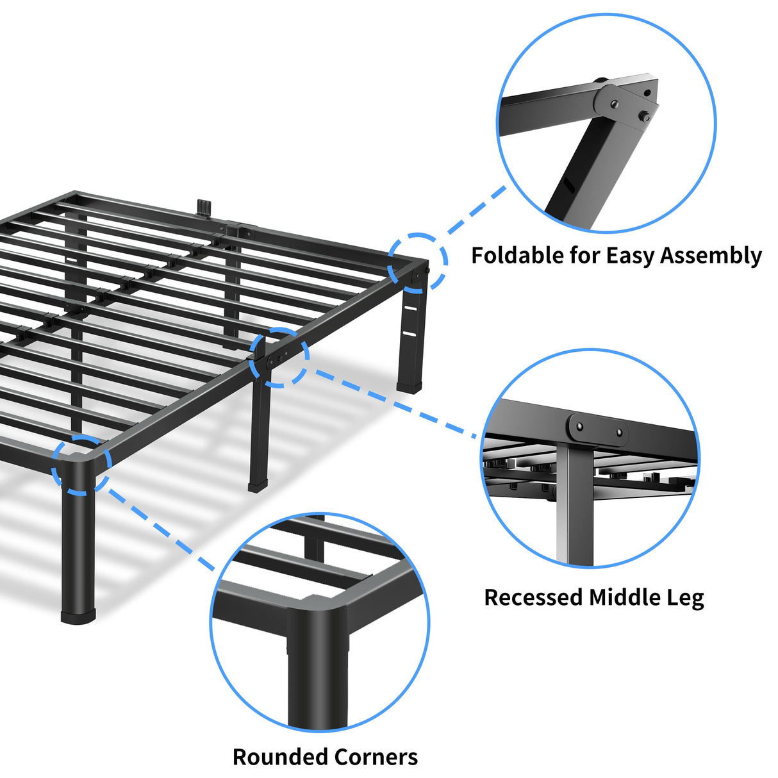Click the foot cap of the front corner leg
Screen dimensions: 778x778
pyautogui.click(x=78, y=616)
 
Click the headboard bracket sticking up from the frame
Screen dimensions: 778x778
pyautogui.click(x=204, y=208)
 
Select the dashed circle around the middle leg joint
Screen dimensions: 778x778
pyautogui.click(x=279, y=357)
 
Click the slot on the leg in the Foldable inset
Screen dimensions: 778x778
pyautogui.click(x=568, y=186)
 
